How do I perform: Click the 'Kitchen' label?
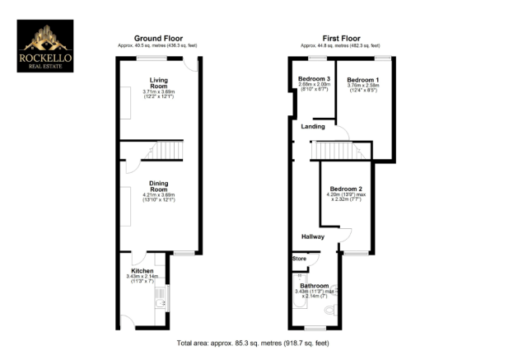click(x=142, y=270)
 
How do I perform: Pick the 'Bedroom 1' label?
click(x=362, y=80)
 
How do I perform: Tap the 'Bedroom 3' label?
click(x=314, y=78)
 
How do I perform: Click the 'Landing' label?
click(x=313, y=127)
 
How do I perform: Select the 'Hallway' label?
click(x=312, y=237)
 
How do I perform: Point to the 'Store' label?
click(x=299, y=259)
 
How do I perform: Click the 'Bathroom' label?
click(x=315, y=286)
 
